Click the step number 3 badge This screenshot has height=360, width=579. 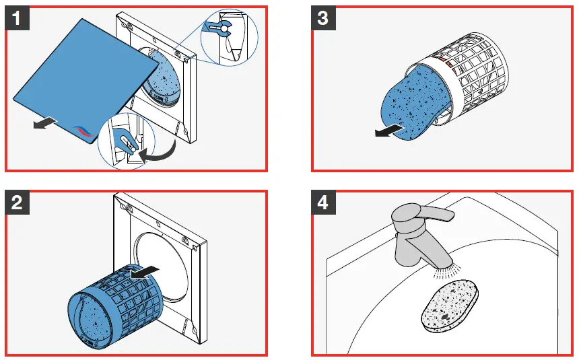(323, 18)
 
